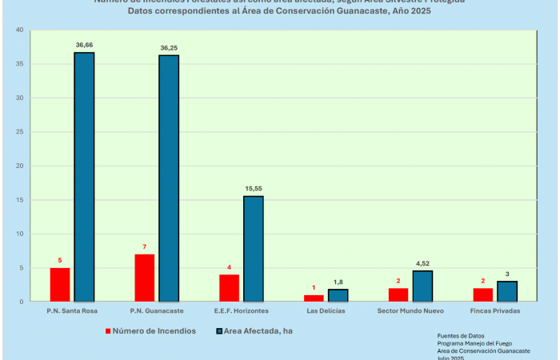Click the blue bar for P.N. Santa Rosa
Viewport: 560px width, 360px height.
[84, 177]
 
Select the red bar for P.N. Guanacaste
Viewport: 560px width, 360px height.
[145, 278]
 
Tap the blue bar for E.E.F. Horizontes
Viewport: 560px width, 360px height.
[254, 249]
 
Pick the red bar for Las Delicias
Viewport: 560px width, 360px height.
[314, 298]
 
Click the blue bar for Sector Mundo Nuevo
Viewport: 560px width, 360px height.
[422, 286]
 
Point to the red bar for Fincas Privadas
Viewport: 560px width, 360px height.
[483, 294]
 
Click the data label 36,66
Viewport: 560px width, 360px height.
[85, 46]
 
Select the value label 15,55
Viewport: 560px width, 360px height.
[254, 189]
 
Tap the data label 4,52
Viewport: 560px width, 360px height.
[422, 263]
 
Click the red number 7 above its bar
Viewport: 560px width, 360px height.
[145, 247]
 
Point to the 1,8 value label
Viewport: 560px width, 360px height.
[338, 282]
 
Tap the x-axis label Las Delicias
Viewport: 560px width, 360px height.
[326, 310]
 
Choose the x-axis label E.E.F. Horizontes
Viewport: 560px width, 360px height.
[241, 310]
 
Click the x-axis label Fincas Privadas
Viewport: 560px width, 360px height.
[495, 310]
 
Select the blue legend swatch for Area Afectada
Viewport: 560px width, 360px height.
[218, 330]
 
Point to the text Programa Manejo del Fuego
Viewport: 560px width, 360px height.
[474, 343]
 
